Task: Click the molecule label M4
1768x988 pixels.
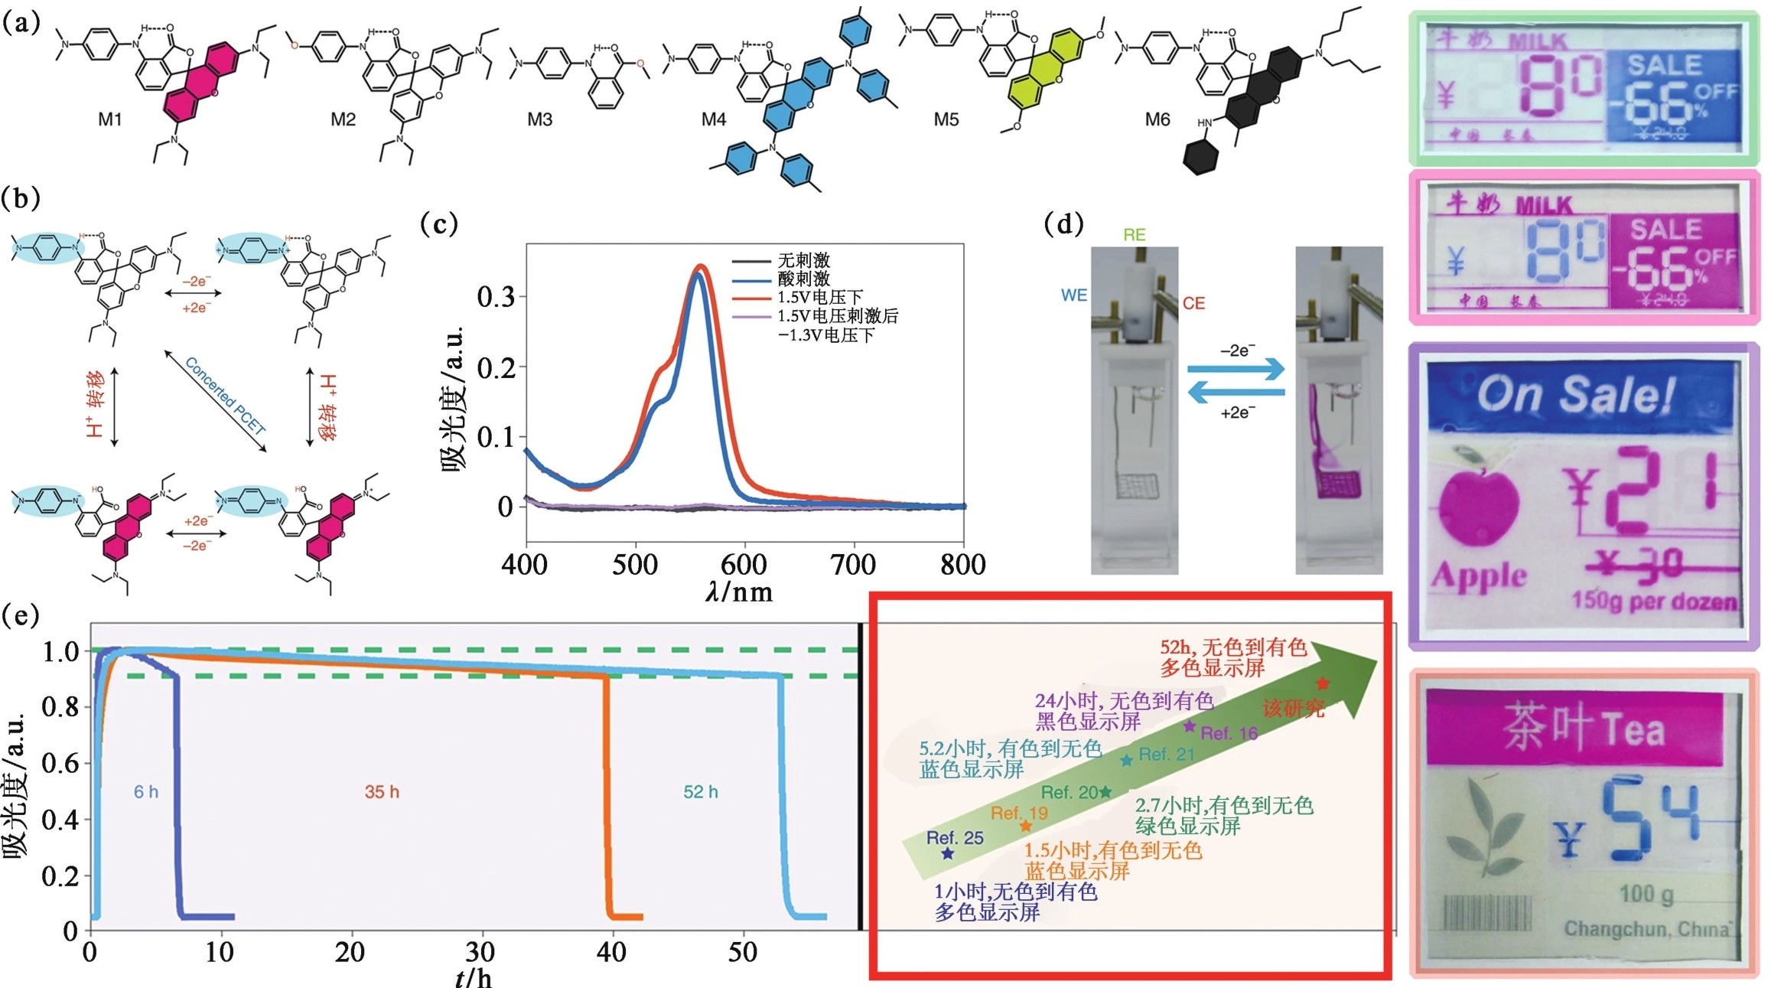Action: pos(713,120)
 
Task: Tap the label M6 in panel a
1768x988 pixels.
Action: pos(1157,120)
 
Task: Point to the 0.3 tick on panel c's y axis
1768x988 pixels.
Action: pos(496,297)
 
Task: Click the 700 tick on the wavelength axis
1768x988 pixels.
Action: pos(853,566)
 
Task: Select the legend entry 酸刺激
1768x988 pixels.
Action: pos(803,279)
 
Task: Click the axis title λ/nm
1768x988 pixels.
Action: pos(738,592)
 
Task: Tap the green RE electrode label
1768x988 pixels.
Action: pos(1134,235)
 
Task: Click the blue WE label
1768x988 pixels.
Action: pos(1073,295)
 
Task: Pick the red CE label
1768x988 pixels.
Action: pos(1193,304)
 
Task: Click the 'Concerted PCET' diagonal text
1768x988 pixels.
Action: pos(226,396)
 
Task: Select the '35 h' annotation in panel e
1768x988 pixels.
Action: pos(382,792)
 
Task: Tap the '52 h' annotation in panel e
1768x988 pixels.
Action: pos(700,792)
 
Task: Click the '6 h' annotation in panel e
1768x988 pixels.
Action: pos(146,792)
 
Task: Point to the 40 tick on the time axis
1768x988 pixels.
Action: pos(611,953)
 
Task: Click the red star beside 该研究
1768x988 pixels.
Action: pos(1322,683)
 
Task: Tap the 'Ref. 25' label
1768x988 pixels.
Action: pos(955,838)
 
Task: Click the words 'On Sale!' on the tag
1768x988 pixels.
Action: pos(1576,395)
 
